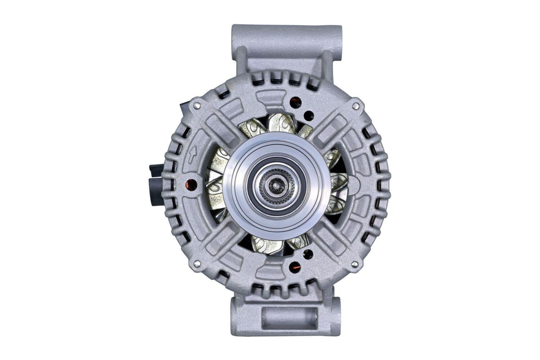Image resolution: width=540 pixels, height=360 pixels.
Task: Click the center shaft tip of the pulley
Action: [x=276, y=186]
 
